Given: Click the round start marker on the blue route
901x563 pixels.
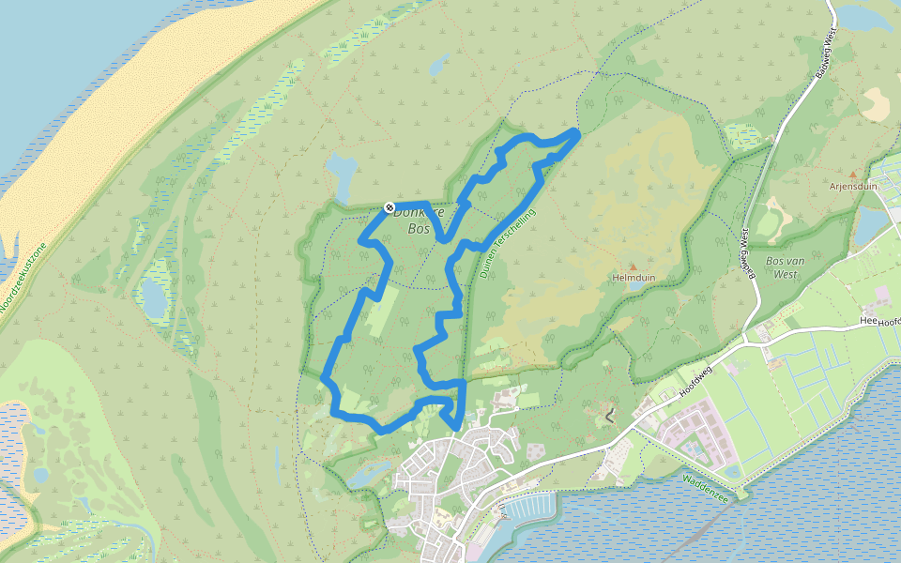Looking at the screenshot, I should (389, 207).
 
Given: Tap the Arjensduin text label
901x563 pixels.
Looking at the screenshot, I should (852, 186).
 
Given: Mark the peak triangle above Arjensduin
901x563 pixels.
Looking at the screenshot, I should (852, 174).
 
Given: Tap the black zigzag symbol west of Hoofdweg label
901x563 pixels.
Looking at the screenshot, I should (611, 413).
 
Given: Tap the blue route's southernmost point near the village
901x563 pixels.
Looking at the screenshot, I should (456, 428).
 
